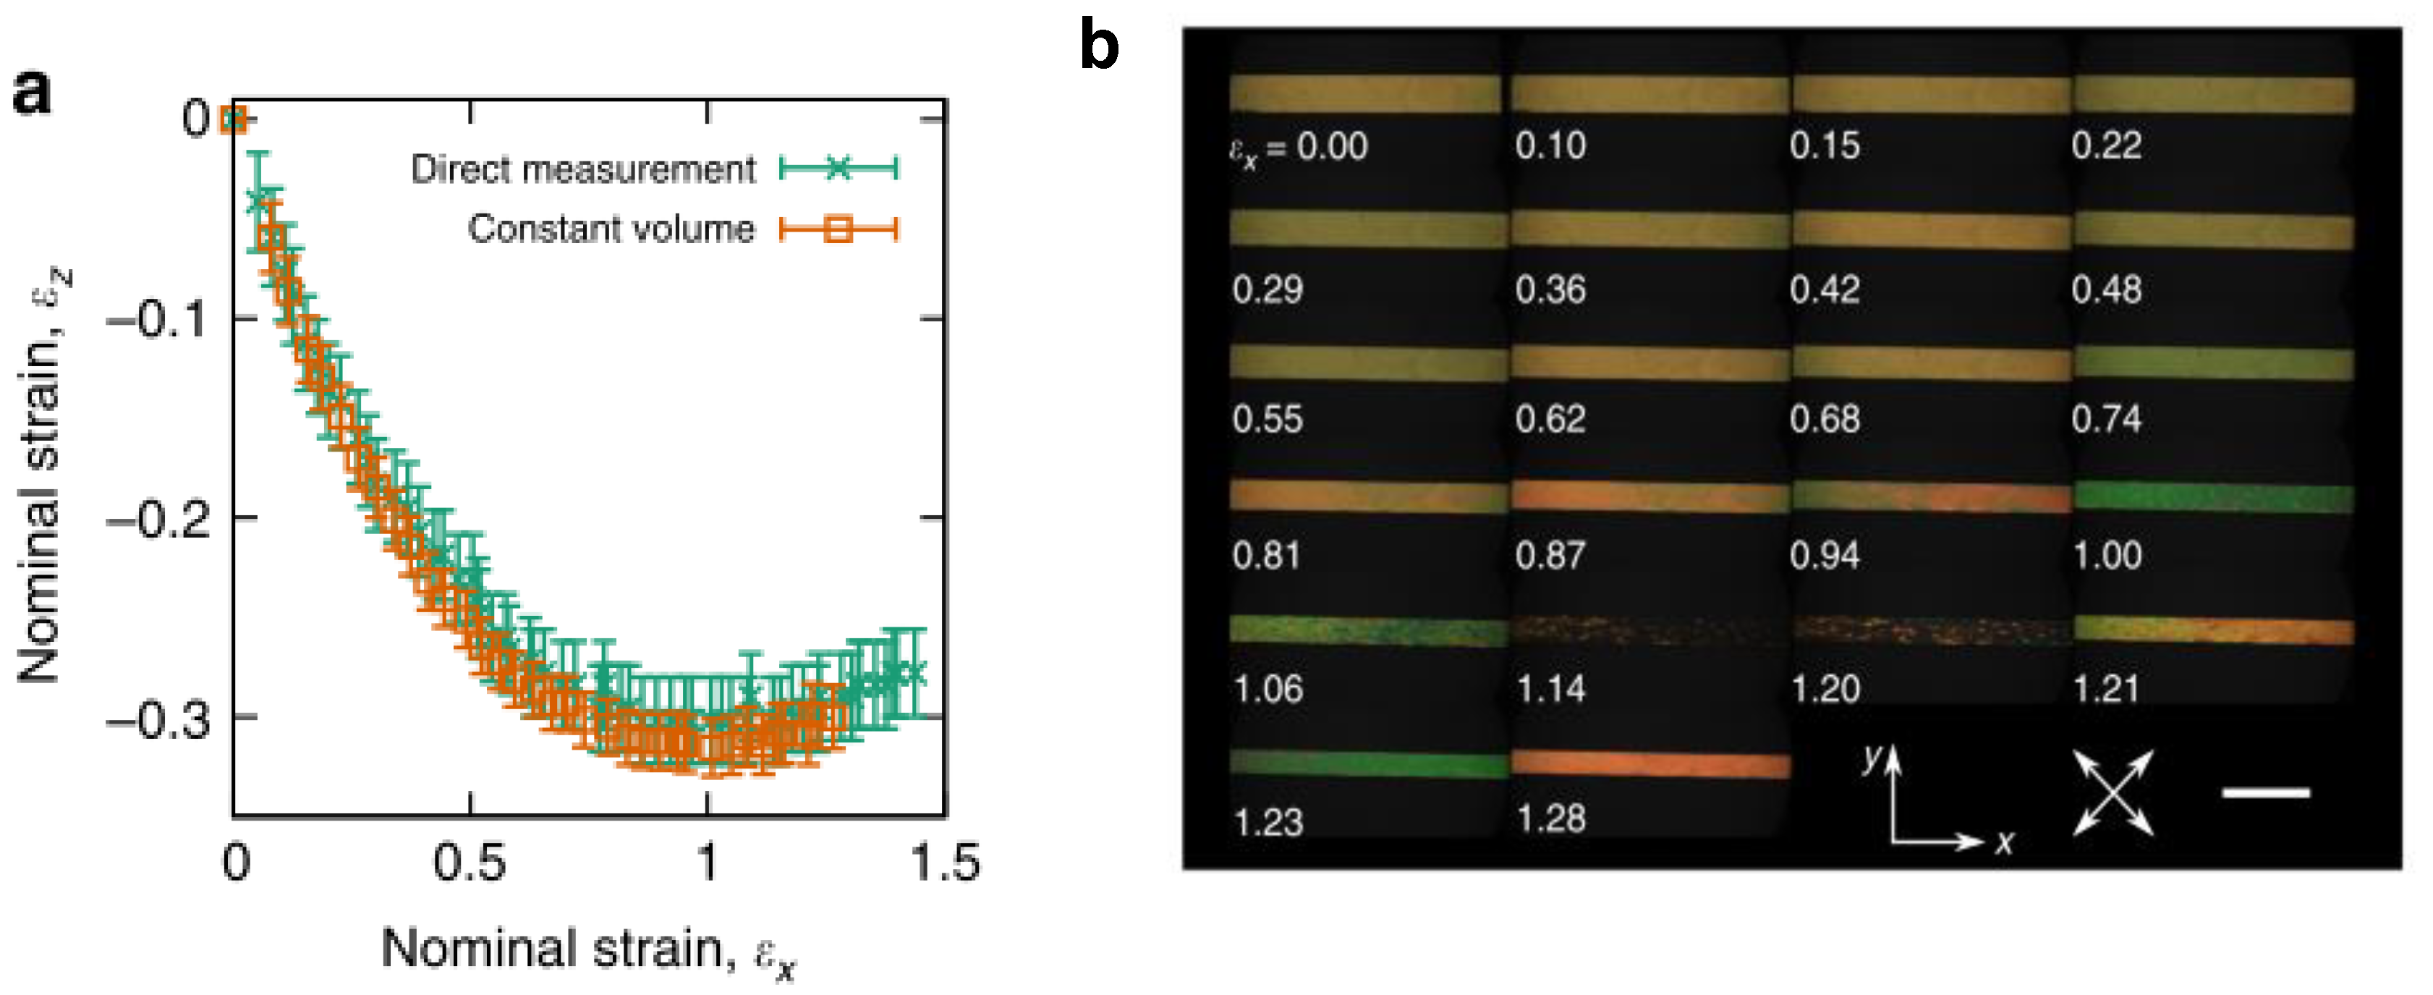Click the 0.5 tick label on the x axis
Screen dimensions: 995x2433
pos(470,862)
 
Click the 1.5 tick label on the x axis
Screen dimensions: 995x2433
pos(946,862)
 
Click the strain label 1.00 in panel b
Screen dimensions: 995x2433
pos(2106,555)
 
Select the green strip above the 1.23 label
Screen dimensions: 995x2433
pos(1367,763)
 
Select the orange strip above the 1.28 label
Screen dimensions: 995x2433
pos(1649,766)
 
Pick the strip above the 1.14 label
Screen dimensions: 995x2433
pos(1649,631)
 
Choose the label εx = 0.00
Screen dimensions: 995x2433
pos(1299,148)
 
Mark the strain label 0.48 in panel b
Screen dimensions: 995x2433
pos(2106,289)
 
